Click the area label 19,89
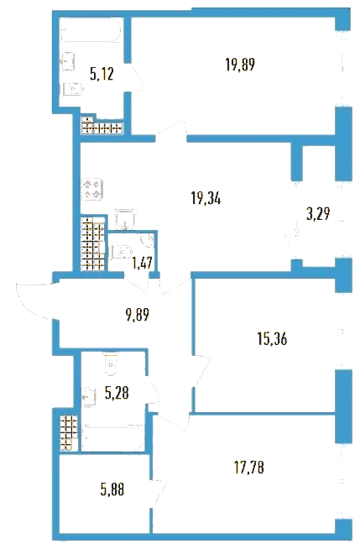coord(240,65)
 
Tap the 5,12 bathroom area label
coord(102,74)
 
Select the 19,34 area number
coord(206,199)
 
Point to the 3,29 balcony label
coord(318,213)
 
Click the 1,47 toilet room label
coord(143,262)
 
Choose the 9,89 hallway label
coord(138,315)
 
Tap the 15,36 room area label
coord(272,339)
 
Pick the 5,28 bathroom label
coord(117,393)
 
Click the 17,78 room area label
coord(248,467)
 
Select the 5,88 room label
coord(112,489)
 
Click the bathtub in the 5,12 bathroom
coord(91,32)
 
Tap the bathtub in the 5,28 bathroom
coord(113,437)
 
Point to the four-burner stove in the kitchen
coord(92,189)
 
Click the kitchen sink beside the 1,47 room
coord(124,219)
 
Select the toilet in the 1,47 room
coord(121,252)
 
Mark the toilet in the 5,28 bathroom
coord(112,364)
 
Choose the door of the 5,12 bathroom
coord(136,78)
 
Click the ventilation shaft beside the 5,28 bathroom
coord(68,433)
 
